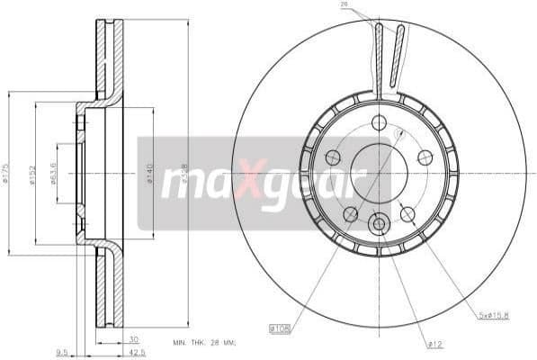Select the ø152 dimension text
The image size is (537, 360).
pos(32,173)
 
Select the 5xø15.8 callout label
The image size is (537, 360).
pos(495,315)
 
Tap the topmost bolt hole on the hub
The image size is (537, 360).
pos(378,122)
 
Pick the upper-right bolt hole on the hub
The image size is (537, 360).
pos(425,157)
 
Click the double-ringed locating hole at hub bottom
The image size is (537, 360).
pos(379,221)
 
